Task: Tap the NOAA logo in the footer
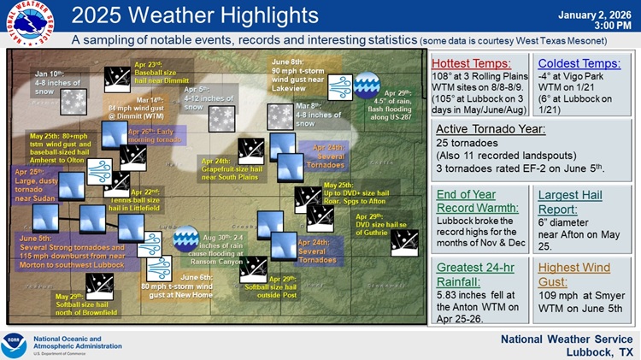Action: [x=15, y=344]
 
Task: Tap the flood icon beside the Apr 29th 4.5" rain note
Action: [x=367, y=83]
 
